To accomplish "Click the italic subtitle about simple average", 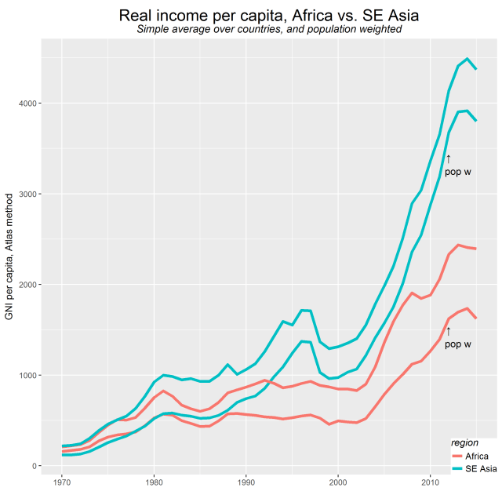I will [x=269, y=30].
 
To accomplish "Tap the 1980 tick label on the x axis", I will [x=154, y=481].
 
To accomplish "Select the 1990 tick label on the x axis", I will [x=246, y=481].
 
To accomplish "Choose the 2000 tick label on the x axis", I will [x=338, y=481].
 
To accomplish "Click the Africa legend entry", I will [x=471, y=456].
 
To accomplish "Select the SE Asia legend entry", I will [x=474, y=468].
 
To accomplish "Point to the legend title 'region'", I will [x=464, y=443].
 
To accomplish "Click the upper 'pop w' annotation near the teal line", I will [x=457, y=172].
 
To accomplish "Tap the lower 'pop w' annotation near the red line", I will [x=457, y=344].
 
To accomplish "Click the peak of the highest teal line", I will [x=467, y=59].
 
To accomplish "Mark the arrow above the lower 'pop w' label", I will [x=449, y=331].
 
